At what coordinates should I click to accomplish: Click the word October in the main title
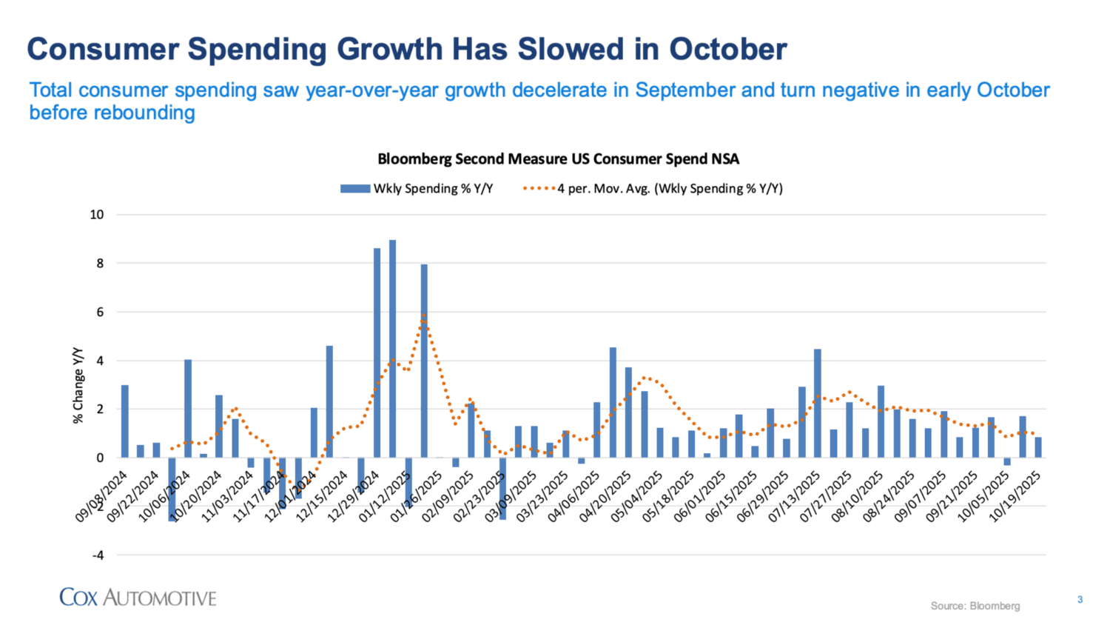click(728, 49)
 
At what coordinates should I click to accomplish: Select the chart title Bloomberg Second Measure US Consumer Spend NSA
click(558, 159)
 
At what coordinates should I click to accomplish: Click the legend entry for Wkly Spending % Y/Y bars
click(417, 189)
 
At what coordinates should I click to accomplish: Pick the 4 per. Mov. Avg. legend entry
click(653, 189)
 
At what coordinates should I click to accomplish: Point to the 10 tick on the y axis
click(97, 215)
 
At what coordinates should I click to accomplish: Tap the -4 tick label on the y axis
click(97, 555)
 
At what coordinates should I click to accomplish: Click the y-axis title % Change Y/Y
click(78, 385)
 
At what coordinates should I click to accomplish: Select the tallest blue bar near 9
click(393, 348)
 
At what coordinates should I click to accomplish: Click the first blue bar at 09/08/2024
click(125, 421)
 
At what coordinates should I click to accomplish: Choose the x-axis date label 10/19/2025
click(1016, 496)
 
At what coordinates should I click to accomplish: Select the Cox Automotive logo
click(138, 598)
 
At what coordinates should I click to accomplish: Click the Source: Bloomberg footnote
click(975, 606)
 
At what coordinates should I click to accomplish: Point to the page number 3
click(1080, 600)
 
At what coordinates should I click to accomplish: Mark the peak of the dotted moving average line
click(424, 315)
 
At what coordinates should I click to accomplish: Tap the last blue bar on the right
click(1038, 447)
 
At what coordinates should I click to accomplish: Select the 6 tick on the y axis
click(100, 312)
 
